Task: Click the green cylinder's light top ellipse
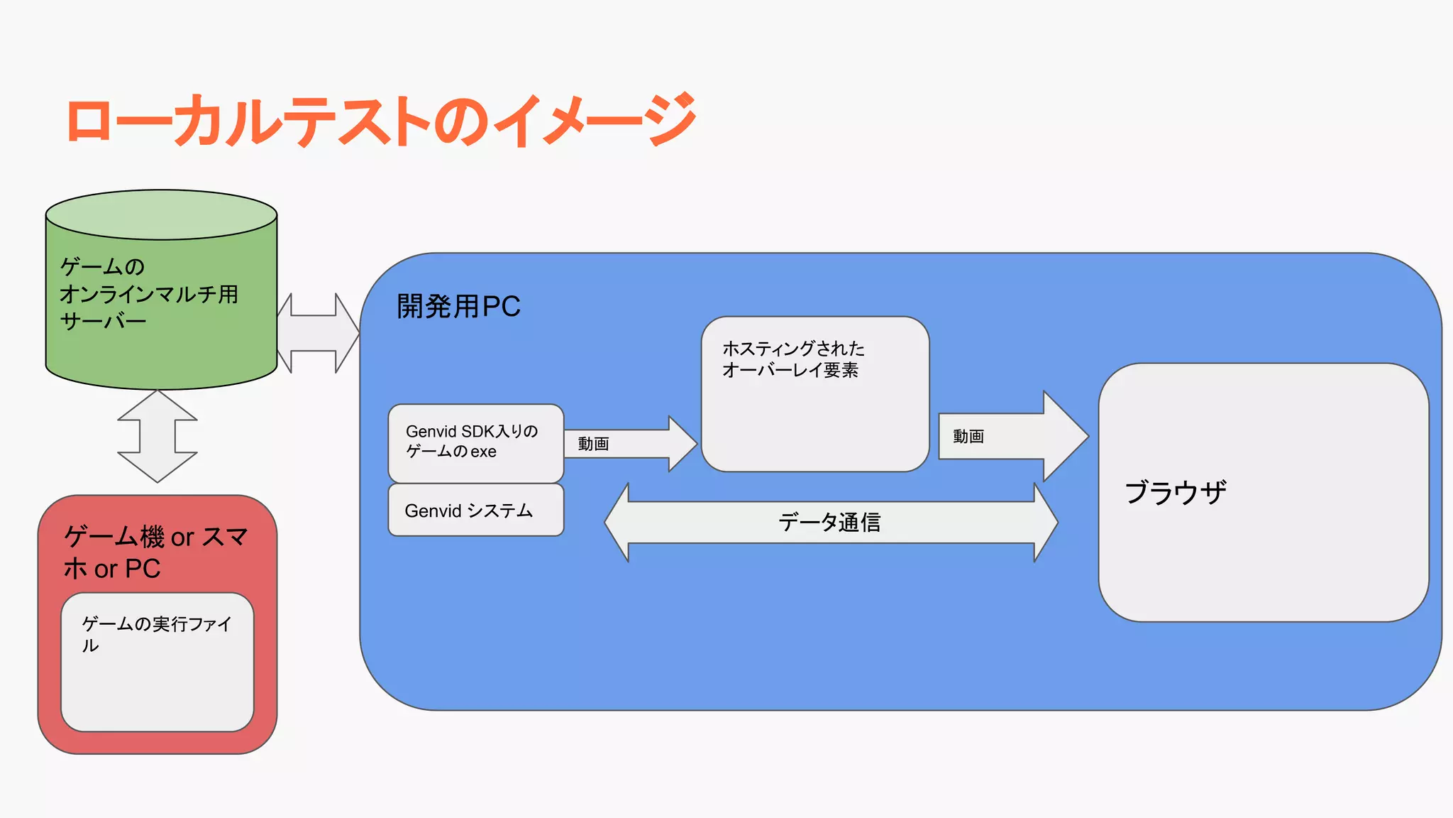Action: coord(161,214)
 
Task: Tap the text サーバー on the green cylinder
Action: coord(104,322)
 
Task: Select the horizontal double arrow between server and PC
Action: coord(318,333)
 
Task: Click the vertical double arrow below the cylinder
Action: coord(157,436)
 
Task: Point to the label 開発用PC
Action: coord(458,307)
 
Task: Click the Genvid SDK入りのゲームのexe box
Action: coord(475,442)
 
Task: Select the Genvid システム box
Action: coord(475,511)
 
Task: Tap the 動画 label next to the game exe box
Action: coord(593,444)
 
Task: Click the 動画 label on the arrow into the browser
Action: coord(968,436)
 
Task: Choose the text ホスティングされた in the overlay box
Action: coord(793,349)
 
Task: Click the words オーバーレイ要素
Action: coord(790,370)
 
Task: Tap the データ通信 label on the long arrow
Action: coord(829,523)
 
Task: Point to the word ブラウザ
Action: coord(1175,492)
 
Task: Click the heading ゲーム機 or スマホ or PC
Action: coord(156,552)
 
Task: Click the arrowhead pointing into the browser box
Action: coord(1064,436)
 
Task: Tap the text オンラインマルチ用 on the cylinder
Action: coord(149,294)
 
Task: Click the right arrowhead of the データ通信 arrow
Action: coord(1046,523)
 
